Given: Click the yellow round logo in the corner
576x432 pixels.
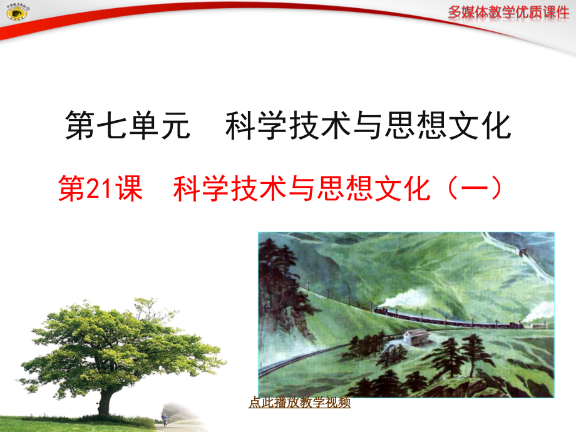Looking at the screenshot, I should [14, 14].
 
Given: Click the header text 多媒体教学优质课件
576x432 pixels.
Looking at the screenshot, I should [508, 11].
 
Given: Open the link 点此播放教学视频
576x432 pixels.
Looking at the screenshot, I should [299, 403].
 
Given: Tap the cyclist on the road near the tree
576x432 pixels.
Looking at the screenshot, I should [165, 418].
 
